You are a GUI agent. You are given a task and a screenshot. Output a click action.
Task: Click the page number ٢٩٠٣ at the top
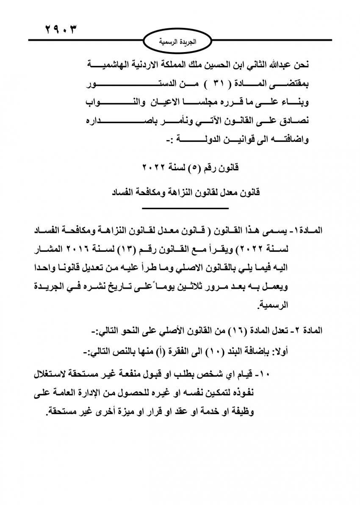pos(61,30)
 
